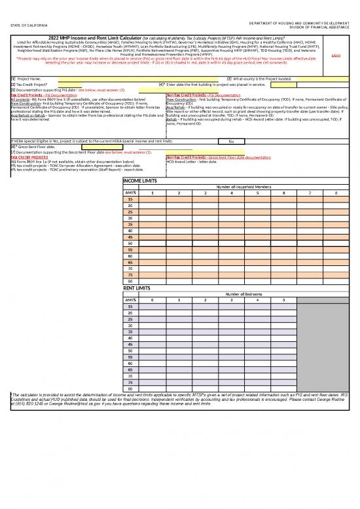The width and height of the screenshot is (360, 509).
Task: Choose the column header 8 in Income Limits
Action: (336, 193)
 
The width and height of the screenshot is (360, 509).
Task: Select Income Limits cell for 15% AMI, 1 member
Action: (153, 199)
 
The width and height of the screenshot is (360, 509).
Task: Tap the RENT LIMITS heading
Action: (138, 288)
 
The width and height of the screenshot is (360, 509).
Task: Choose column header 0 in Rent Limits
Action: (153, 300)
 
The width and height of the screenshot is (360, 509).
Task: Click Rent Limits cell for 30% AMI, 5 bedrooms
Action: (284, 325)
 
